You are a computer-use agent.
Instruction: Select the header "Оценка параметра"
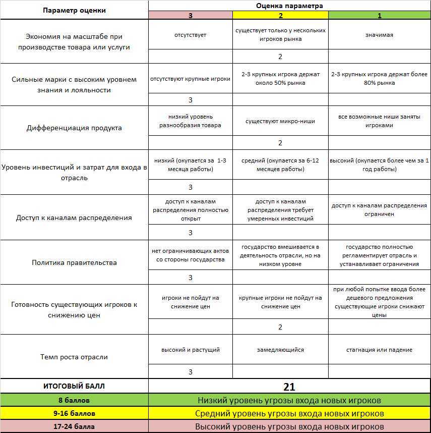point(289,6)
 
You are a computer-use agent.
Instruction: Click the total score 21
point(289,387)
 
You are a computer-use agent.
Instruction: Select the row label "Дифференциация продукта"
point(74,128)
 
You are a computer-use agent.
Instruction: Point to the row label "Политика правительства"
point(74,262)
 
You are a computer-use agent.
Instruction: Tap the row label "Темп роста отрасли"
point(74,357)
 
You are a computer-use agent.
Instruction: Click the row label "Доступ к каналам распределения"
point(74,218)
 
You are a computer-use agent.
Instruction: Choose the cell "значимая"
point(379,35)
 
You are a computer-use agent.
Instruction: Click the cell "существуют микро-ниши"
point(280,122)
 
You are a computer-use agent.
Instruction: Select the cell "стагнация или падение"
point(379,350)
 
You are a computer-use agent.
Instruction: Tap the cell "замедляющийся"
point(280,350)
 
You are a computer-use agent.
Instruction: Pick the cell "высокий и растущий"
point(190,350)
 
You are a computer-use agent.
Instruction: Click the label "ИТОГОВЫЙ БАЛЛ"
point(74,387)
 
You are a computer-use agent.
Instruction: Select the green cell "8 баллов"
point(74,400)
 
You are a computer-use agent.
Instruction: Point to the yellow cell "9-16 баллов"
point(74,413)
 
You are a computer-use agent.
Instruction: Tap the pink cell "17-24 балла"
point(74,426)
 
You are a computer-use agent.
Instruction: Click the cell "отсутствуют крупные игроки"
point(190,79)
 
